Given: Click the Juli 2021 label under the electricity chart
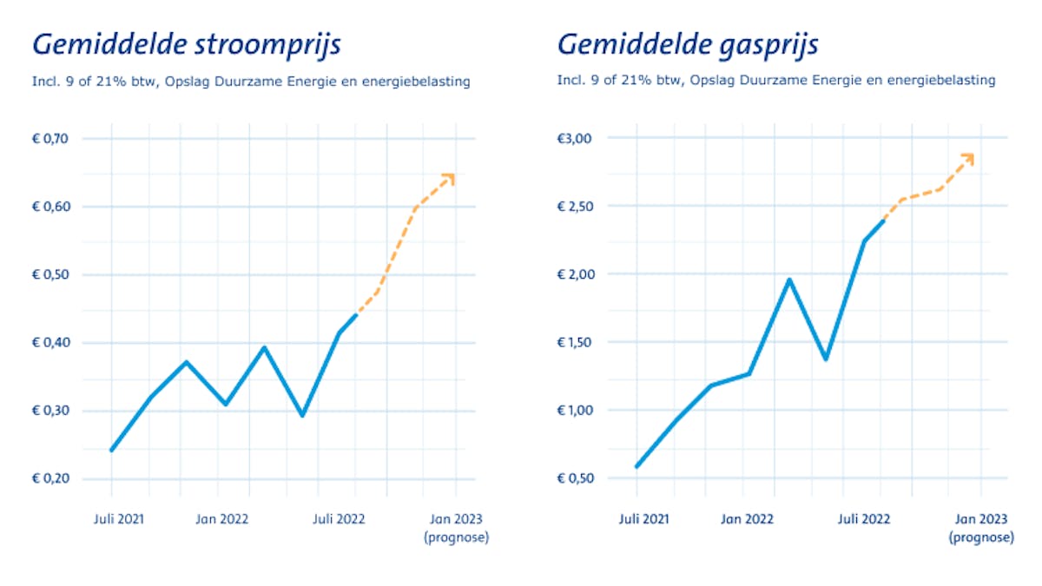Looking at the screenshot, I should pyautogui.click(x=118, y=519).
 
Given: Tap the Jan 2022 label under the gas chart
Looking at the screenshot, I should pyautogui.click(x=747, y=519).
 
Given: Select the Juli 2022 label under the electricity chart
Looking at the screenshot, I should pyautogui.click(x=339, y=519).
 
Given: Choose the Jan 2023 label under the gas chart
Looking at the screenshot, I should pyautogui.click(x=981, y=519).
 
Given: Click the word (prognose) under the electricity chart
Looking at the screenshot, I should pyautogui.click(x=457, y=537).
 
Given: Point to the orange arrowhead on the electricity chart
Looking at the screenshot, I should pyautogui.click(x=449, y=178).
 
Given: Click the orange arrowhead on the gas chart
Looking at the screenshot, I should pyautogui.click(x=967, y=158).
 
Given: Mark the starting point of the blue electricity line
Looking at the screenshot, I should pyautogui.click(x=112, y=450).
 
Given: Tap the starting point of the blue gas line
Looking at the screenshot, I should pyautogui.click(x=637, y=466).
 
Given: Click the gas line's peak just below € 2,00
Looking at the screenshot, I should pyautogui.click(x=789, y=280).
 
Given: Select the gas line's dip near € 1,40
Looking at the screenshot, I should pyautogui.click(x=825, y=359).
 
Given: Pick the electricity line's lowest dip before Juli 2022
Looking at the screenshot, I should pyautogui.click(x=302, y=415).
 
